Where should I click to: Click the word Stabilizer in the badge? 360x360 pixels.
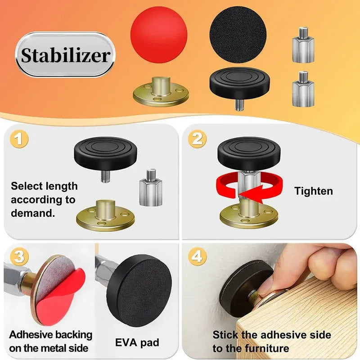click(x=66, y=55)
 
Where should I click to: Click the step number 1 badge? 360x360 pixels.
click(x=18, y=139)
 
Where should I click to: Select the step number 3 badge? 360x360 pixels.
click(x=18, y=257)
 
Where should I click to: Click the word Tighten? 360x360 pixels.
click(x=314, y=191)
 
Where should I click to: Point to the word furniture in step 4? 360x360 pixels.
click(x=265, y=348)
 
